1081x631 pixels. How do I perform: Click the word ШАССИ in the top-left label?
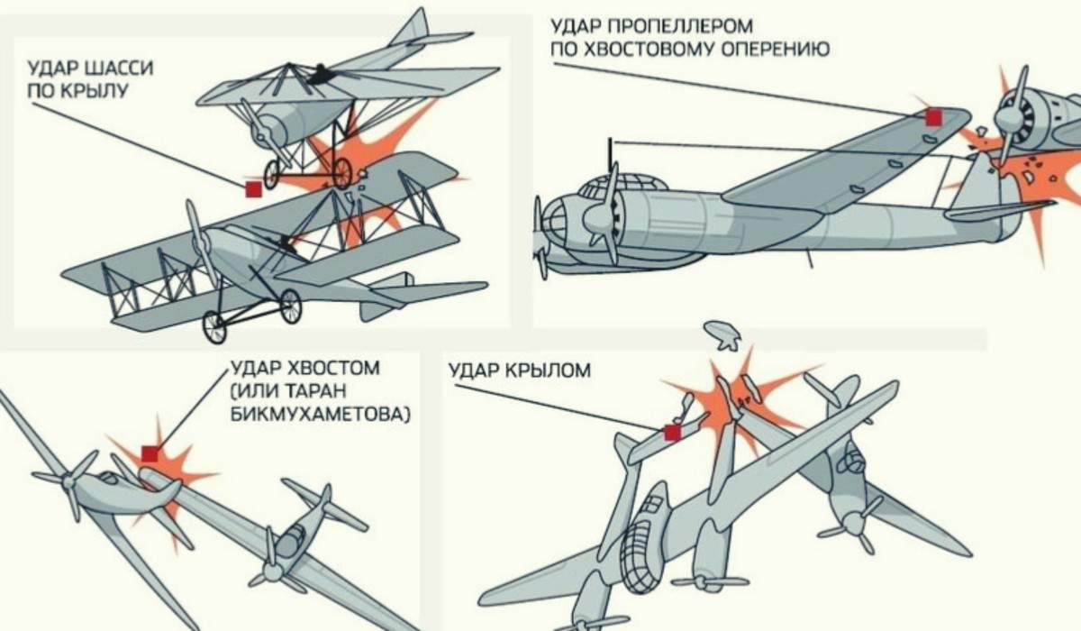119,68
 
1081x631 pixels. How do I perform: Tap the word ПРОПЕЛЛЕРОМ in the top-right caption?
679,26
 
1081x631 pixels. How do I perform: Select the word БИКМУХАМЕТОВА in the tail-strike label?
321,414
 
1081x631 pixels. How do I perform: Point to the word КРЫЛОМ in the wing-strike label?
549,370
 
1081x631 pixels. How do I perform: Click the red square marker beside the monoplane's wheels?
254,189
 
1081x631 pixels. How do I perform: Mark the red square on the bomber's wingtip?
934,117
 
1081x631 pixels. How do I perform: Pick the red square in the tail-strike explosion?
150,453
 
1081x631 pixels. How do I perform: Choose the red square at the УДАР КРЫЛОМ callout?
672,433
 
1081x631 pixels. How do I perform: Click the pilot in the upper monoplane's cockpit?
319,76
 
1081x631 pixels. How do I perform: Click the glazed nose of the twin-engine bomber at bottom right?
641,559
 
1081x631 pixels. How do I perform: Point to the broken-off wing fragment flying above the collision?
722,335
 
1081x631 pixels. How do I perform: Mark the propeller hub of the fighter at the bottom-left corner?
69,482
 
